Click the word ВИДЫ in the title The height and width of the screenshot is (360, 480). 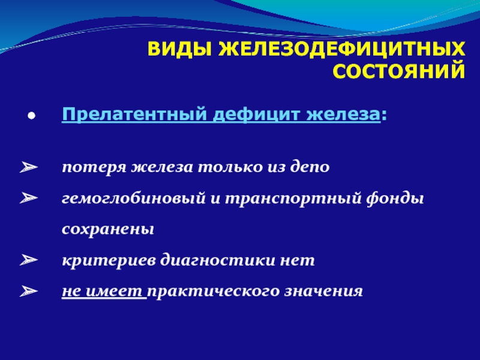click(x=179, y=49)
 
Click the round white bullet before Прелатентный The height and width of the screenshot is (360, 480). click(x=31, y=116)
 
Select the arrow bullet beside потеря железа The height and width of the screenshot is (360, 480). click(x=29, y=167)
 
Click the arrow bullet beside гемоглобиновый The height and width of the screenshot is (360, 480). click(x=29, y=198)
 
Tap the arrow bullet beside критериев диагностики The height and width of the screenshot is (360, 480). click(x=29, y=260)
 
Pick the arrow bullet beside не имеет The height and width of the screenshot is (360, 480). click(x=29, y=291)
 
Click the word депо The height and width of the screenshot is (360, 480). click(x=310, y=167)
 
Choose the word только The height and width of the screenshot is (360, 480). click(x=230, y=167)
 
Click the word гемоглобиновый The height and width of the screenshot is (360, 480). click(x=134, y=198)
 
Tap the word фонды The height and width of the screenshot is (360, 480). click(x=395, y=198)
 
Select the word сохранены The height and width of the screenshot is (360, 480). click(x=108, y=229)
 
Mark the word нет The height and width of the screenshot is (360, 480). click(x=297, y=260)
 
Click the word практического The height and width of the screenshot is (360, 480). click(x=214, y=291)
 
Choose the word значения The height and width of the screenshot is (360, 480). click(x=323, y=291)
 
